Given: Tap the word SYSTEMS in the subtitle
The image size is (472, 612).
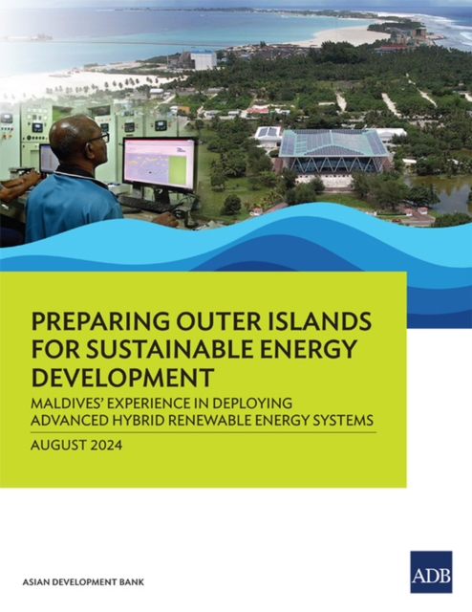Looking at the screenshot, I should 338,418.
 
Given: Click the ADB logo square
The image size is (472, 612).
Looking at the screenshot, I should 431,572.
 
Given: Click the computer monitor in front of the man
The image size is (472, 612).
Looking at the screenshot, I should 159,165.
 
